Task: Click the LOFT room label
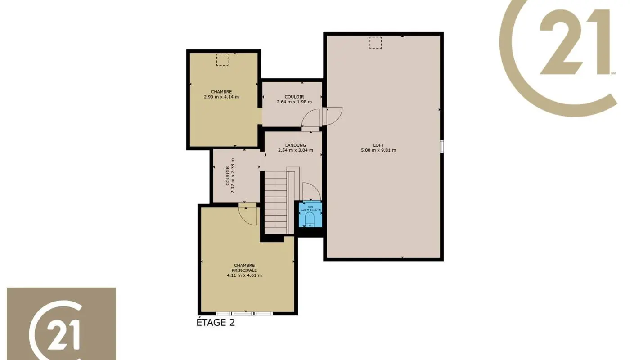[378, 145]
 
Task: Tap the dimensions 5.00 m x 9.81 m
[378, 150]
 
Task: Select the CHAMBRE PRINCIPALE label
[244, 268]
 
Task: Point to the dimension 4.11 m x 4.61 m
[244, 275]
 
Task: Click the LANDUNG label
[295, 145]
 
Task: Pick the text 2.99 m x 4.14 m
[221, 96]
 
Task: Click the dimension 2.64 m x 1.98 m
[294, 102]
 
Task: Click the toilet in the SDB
[310, 219]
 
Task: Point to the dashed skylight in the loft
[375, 43]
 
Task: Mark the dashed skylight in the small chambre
[222, 60]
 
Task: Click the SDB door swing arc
[311, 190]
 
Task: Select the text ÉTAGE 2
[216, 322]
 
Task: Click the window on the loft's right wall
[442, 147]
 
